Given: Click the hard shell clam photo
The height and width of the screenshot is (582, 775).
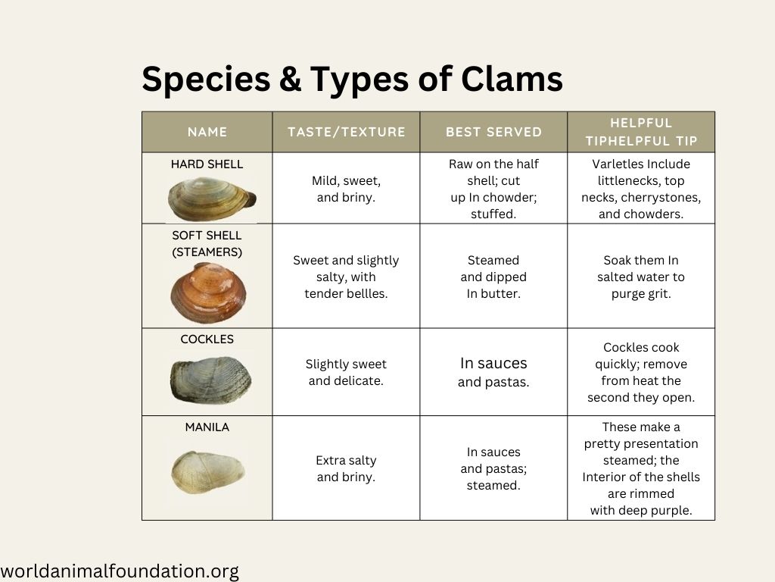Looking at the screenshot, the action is coord(212,199).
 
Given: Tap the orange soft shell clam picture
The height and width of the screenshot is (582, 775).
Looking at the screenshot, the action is coord(208,293).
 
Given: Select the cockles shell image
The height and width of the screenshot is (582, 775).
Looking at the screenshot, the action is coord(210,380).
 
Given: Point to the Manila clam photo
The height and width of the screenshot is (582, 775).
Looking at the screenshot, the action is coord(208,472).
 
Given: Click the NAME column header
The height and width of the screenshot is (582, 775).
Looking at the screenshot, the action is coord(207,132).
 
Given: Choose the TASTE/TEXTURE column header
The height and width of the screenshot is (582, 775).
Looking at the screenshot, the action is coord(347,132).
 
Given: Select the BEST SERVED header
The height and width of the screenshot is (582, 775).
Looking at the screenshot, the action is coord(493,132).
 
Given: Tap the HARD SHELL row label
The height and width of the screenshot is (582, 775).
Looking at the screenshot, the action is coord(207,164).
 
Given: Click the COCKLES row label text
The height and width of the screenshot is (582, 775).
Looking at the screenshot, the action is coord(207,339).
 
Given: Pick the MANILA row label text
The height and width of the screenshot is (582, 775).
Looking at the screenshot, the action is coord(207,427).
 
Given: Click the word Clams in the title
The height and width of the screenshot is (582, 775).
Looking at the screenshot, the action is coord(512,79).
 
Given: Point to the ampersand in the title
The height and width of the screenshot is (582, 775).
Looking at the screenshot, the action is coord(290,79).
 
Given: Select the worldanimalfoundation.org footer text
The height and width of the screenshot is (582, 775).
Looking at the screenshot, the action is coord(120,571).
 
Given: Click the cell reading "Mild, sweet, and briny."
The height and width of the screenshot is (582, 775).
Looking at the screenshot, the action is coord(346,189).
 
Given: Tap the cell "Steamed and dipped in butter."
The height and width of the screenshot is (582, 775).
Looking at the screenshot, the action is coord(493,277).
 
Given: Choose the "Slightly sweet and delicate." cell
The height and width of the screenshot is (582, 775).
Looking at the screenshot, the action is coord(346,372).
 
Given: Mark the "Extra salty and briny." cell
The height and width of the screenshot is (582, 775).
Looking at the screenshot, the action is coord(346,468).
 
